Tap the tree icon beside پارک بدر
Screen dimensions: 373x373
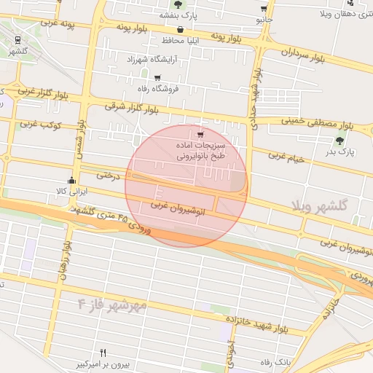pyautogui.click(x=339, y=141)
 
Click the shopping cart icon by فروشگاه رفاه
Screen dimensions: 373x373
pyautogui.click(x=157, y=77)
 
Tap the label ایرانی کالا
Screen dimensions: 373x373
pyautogui.click(x=71, y=191)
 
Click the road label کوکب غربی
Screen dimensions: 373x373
pyautogui.click(x=39, y=125)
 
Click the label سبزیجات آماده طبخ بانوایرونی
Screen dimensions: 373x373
pyautogui.click(x=201, y=150)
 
